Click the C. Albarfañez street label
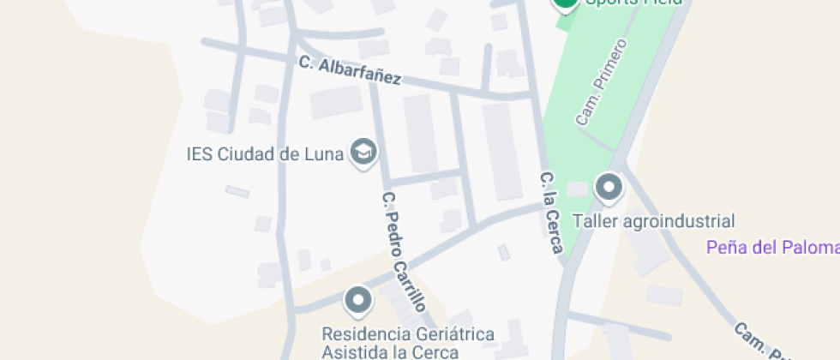coord(350,70)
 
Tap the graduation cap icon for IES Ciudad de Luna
coord(364,153)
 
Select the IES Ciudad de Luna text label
coord(265,154)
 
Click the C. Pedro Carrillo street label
coord(404,251)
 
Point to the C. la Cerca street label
coord(551,213)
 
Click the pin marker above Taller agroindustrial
coord(609,187)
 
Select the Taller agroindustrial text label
coord(657,220)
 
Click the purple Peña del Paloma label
coord(771,248)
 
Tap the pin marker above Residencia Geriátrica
coord(357,300)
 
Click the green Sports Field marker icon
coord(565,3)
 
